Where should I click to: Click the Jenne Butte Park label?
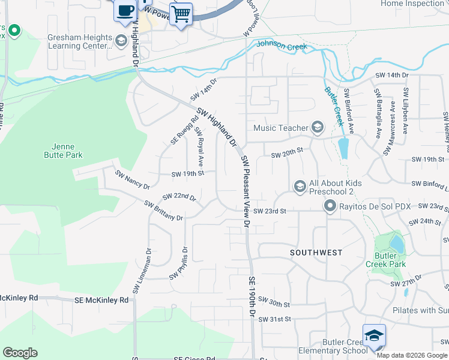(67, 150)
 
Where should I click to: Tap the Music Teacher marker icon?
(317, 127)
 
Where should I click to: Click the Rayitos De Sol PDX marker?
(330, 206)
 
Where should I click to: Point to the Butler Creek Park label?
(385, 260)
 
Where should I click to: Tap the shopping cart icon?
(181, 13)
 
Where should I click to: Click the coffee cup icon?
(125, 11)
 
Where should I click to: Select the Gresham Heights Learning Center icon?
(121, 41)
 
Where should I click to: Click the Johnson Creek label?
(282, 46)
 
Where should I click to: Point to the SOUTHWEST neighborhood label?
(316, 253)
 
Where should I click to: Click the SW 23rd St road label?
(270, 211)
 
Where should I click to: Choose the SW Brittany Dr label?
(163, 211)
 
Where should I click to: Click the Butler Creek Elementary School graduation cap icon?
(374, 336)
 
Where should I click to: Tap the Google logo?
(20, 353)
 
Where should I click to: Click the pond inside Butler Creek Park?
(396, 244)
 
